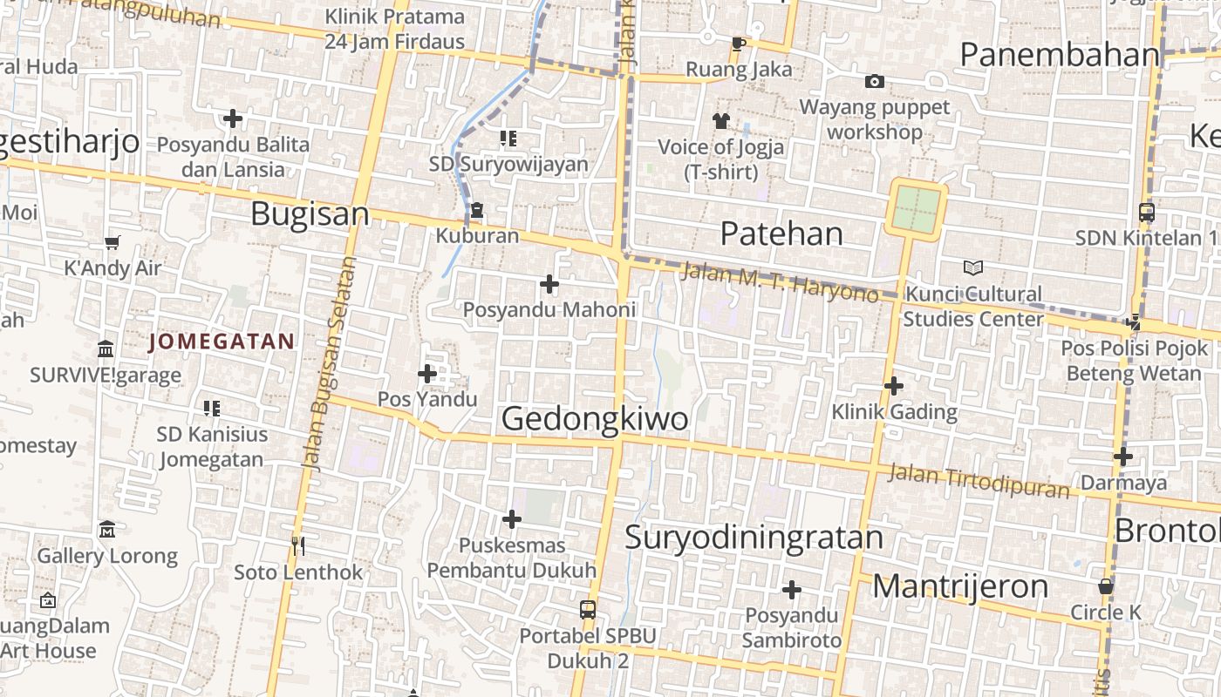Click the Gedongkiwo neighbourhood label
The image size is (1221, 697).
tap(595, 419)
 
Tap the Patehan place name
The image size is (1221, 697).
tap(781, 233)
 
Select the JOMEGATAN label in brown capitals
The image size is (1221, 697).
tap(222, 342)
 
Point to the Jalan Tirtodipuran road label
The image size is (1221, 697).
tap(979, 481)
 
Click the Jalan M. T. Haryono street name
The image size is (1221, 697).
tap(779, 281)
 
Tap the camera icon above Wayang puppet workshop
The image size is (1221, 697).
tap(874, 82)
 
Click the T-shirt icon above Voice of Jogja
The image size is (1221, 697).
tap(720, 120)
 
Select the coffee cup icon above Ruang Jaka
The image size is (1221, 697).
tap(738, 44)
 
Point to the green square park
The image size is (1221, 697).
tap(916, 207)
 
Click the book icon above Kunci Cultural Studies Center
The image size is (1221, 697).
tap(973, 267)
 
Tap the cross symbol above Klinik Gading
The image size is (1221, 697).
tap(893, 385)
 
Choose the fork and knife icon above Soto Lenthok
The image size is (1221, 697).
tap(298, 545)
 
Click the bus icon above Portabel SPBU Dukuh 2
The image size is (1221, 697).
tap(588, 609)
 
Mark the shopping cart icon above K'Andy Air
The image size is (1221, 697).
tap(112, 241)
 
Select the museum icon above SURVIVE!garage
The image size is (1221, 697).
tap(106, 348)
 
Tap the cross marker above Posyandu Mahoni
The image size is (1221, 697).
tap(549, 283)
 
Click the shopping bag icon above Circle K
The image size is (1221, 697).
tap(1105, 586)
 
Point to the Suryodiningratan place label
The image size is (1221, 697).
tap(754, 537)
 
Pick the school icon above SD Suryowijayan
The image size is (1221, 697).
tap(508, 138)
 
